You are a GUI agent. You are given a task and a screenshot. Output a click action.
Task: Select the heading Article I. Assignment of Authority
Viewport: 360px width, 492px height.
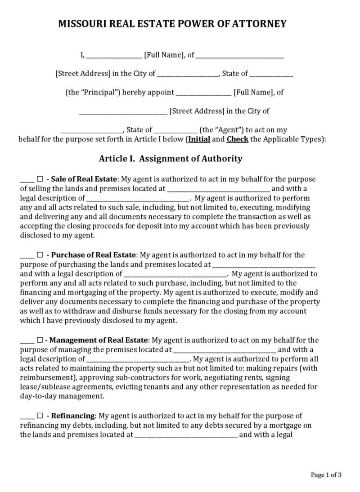tap(171, 158)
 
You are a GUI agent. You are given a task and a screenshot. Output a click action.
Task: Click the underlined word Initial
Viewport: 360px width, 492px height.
tap(199, 139)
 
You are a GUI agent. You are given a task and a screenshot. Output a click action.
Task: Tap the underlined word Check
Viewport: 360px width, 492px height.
tap(237, 139)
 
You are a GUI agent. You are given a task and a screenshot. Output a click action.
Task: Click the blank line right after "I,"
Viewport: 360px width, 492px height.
tap(113, 56)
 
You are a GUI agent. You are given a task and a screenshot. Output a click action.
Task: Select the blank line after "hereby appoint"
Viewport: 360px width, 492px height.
tap(203, 93)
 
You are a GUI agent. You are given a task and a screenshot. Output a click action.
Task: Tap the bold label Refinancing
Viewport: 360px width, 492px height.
tap(74, 416)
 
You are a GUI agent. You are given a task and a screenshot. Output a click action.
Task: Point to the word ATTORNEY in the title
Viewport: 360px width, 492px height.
tap(262, 24)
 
